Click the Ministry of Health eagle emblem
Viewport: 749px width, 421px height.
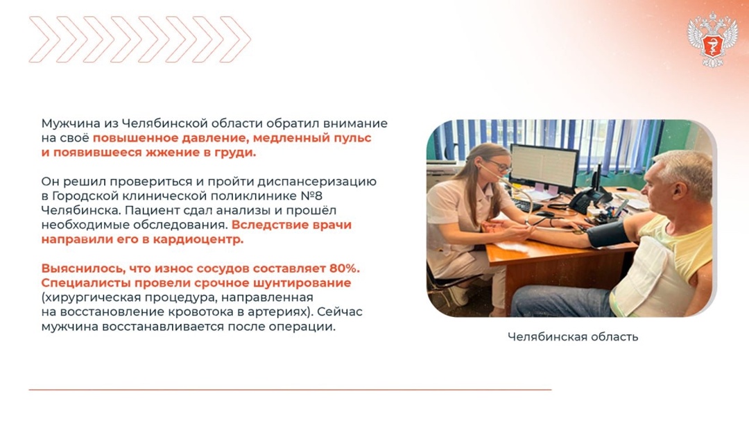coord(712,40)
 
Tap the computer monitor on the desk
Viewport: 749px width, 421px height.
coord(544,167)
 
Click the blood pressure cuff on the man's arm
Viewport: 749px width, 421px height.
coord(610,235)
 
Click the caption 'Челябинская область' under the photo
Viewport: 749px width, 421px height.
coord(572,337)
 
